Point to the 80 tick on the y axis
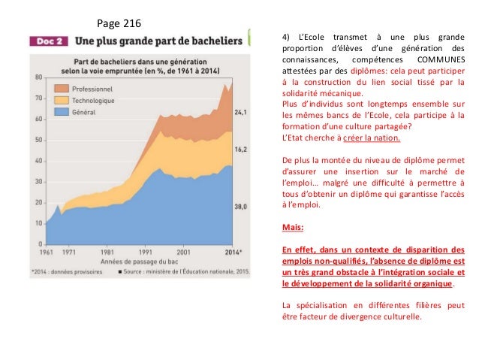click(38, 77)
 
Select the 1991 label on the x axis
click(145, 253)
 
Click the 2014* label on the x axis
click(233, 253)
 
